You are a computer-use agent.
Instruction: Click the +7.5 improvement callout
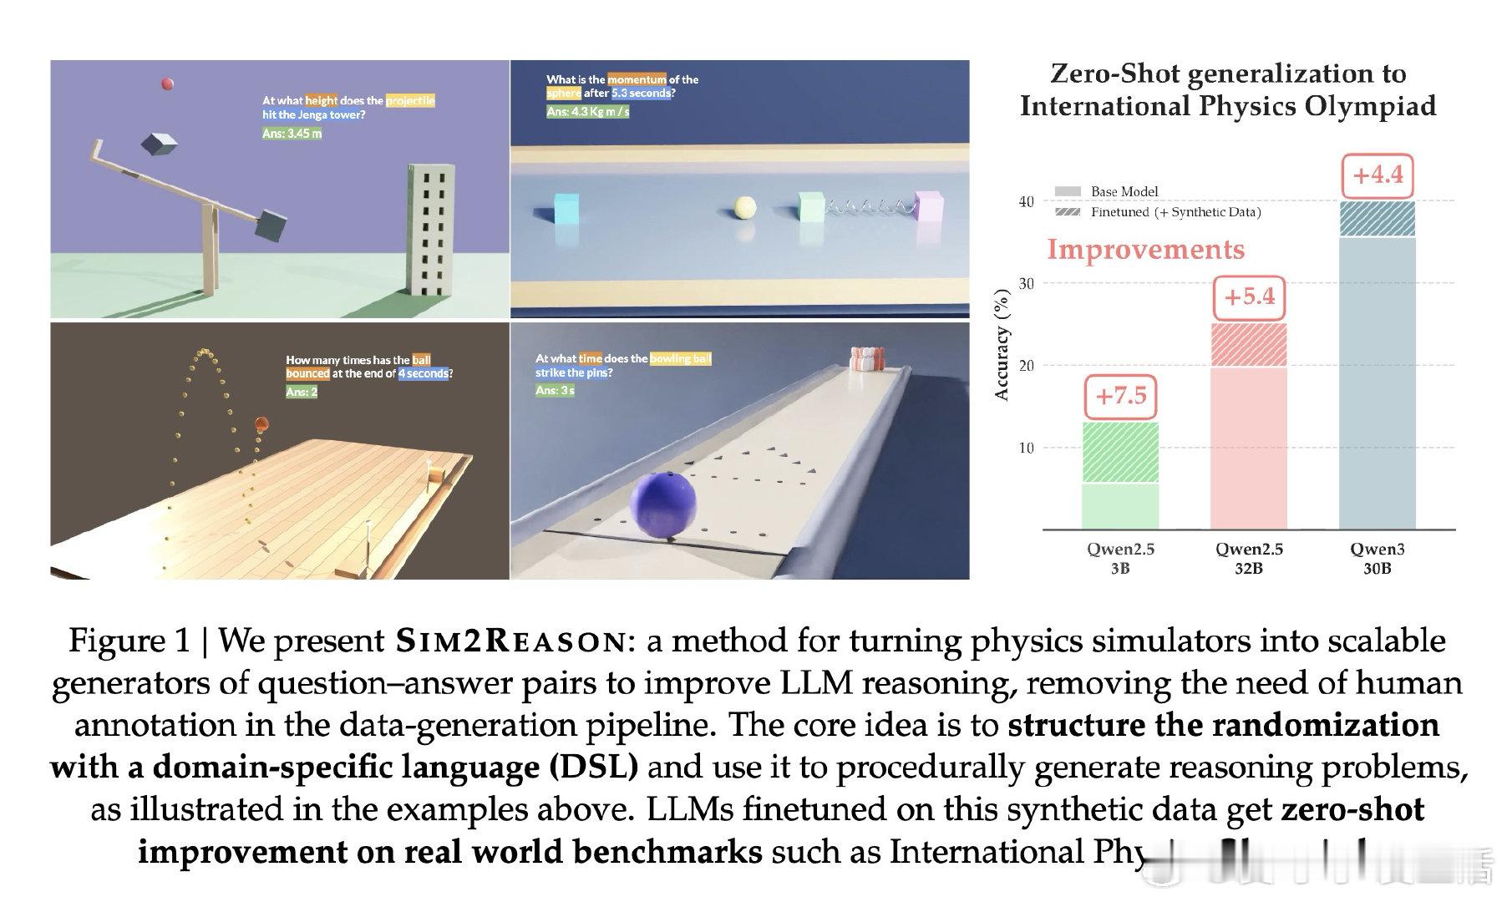click(x=1121, y=397)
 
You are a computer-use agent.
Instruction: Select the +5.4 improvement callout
click(x=1250, y=297)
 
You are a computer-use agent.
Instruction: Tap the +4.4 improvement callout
click(x=1378, y=176)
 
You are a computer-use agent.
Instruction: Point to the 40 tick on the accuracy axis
click(x=1026, y=201)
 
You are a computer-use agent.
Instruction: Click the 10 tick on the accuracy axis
click(x=1026, y=448)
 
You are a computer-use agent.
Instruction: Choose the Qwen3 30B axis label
click(x=1377, y=558)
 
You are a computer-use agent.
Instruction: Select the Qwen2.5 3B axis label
click(x=1120, y=558)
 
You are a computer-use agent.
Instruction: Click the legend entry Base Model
click(x=1124, y=191)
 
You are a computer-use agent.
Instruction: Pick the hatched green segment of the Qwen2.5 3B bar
click(x=1120, y=453)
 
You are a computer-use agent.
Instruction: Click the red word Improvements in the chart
click(x=1145, y=250)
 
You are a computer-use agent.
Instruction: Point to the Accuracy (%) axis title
click(x=1003, y=344)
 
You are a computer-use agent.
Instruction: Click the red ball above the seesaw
click(x=167, y=84)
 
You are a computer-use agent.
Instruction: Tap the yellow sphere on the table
click(x=744, y=207)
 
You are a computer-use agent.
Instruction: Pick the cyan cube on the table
click(x=566, y=208)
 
